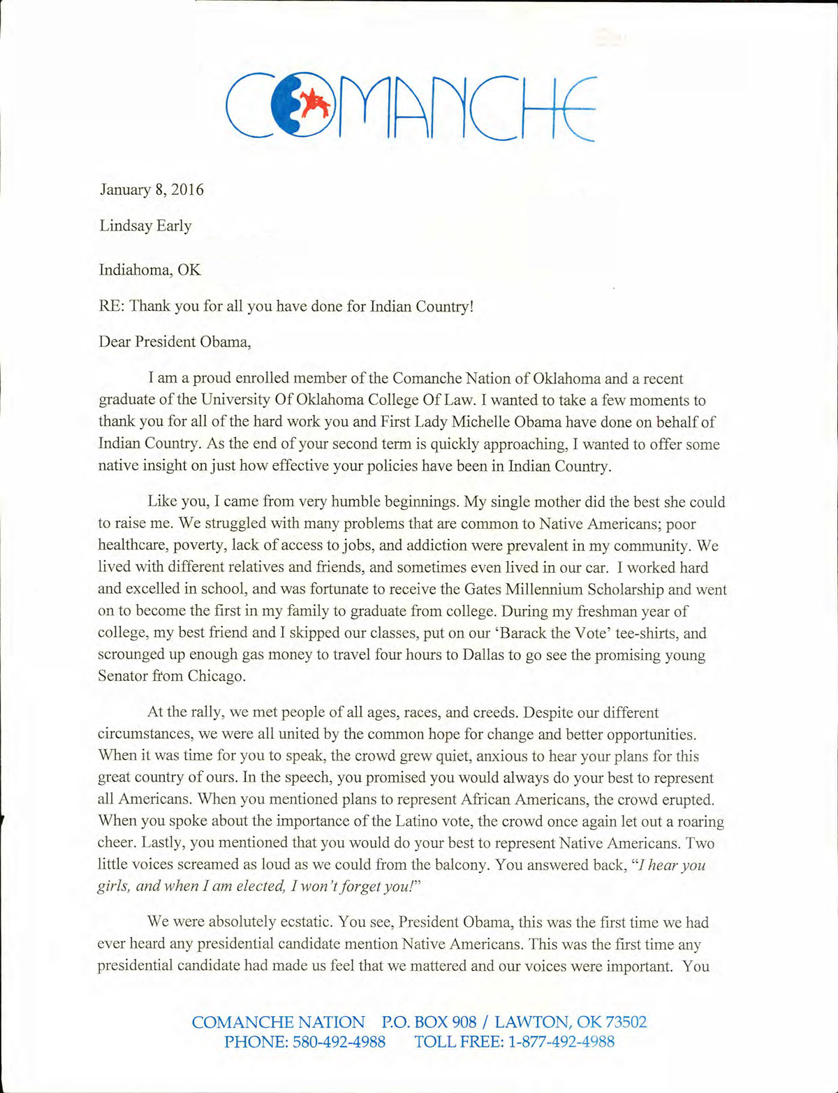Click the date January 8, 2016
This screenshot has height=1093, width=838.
152,190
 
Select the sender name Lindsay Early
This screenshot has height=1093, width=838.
145,226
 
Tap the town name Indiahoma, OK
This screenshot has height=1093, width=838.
149,270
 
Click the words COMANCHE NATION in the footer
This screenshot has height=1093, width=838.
278,1022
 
